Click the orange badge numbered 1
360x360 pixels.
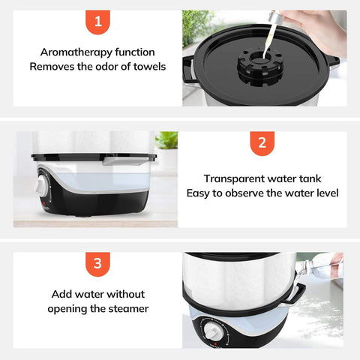pos(97,22)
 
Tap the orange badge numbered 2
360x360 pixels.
pos(262,143)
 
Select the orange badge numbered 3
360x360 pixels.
pos(97,264)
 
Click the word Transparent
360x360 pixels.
pos(234,179)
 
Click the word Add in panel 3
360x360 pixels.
pos(62,294)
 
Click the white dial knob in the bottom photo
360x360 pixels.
pos(213,331)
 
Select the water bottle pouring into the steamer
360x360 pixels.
pos(318,268)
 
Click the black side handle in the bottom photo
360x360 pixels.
pos(295,296)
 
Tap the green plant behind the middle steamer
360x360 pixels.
pos(166,140)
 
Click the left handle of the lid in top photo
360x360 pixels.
pos(189,70)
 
